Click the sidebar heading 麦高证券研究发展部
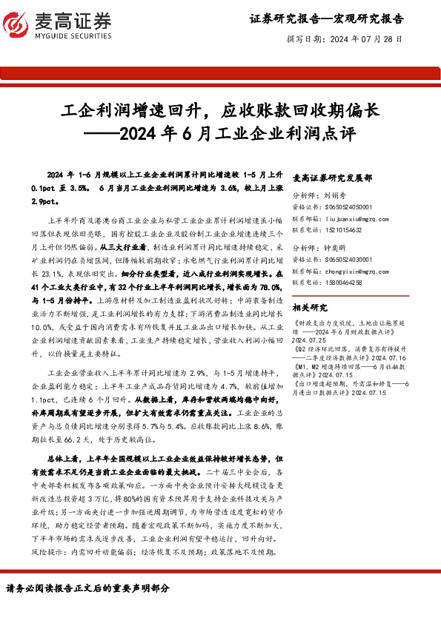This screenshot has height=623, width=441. (x=333, y=178)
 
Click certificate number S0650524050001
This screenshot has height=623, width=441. (x=347, y=208)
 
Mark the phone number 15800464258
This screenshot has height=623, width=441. (x=342, y=282)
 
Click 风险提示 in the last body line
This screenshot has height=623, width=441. (x=62, y=553)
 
